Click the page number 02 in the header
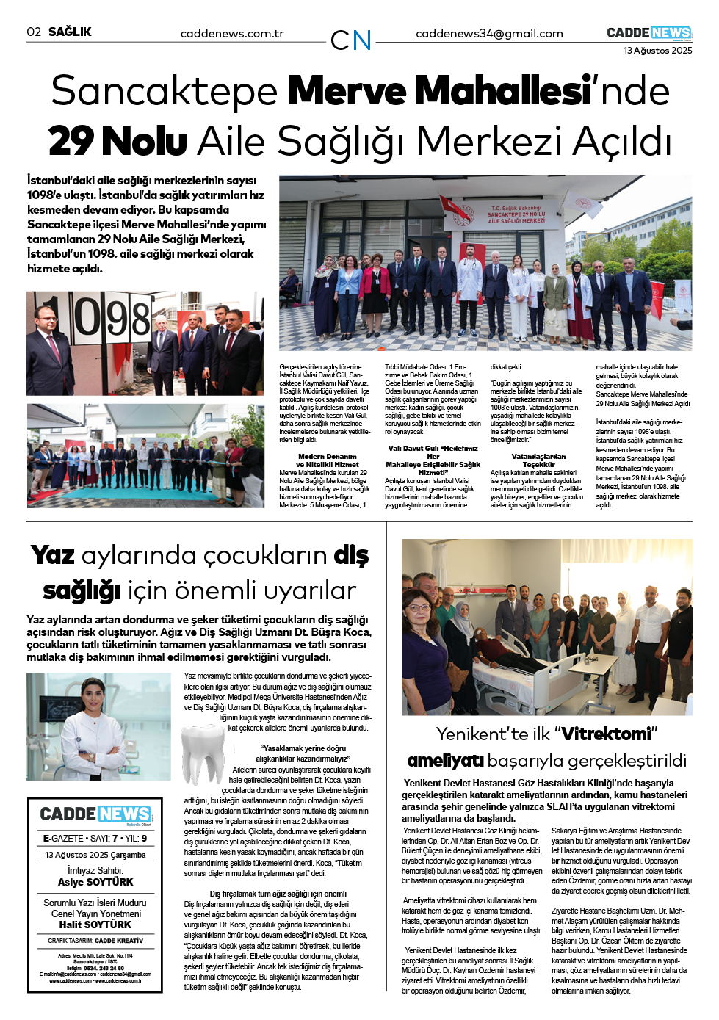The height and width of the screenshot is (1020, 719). pos(34,32)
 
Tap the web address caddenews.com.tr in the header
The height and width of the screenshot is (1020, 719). pos(232,34)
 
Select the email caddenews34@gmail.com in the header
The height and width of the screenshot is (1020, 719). pos(489,34)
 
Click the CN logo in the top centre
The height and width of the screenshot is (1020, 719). pos(351,40)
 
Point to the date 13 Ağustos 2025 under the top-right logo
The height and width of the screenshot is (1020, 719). pos(657,51)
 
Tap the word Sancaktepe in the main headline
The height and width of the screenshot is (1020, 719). pos(164,91)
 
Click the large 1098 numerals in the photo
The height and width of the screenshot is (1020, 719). pos(110,317)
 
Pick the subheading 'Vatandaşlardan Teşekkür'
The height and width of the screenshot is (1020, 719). pos(538,460)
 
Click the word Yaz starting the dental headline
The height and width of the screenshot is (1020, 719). pos(53,555)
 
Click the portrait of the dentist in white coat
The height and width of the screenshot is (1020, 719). pos(98,726)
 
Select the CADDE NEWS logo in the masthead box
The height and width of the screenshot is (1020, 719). pos(95,814)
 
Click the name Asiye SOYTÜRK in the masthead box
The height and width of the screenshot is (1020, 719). pos(95,882)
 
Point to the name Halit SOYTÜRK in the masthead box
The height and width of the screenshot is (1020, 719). pos(95,925)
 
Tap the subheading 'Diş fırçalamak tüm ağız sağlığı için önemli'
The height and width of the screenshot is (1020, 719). pos(278,894)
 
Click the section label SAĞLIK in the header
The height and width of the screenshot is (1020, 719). pos(70,32)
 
